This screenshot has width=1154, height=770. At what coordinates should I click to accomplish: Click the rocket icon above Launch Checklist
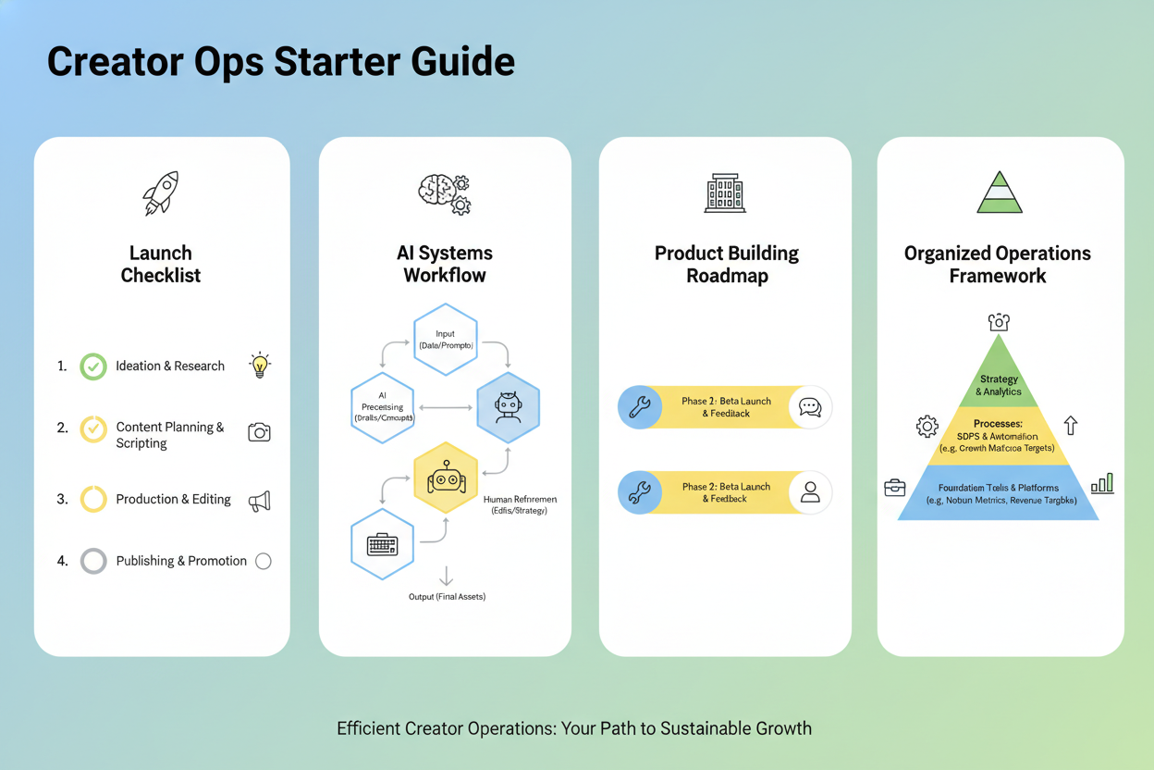click(161, 193)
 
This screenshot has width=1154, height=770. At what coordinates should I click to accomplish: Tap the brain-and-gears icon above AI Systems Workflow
click(445, 193)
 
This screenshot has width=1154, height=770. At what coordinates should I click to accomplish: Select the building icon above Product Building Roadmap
click(725, 192)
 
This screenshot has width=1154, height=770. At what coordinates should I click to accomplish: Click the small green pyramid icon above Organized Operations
click(1000, 192)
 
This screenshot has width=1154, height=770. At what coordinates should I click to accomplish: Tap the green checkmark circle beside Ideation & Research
click(92, 366)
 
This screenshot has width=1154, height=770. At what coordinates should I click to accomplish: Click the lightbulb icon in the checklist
click(260, 365)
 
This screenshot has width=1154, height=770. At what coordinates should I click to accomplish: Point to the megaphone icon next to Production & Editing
click(260, 501)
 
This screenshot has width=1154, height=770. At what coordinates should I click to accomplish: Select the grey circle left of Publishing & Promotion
click(92, 561)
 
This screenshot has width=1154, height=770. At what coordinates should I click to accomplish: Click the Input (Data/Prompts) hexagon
click(445, 339)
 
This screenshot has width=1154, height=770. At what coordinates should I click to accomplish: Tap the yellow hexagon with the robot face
click(446, 478)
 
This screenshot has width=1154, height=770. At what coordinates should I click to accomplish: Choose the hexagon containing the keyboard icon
click(382, 544)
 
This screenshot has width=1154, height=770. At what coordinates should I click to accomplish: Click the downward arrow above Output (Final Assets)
click(446, 576)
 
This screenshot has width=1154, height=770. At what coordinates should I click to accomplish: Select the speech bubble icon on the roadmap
click(810, 407)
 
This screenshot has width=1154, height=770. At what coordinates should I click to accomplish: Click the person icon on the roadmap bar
click(810, 491)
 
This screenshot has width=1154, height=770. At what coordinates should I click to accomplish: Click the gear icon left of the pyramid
click(927, 426)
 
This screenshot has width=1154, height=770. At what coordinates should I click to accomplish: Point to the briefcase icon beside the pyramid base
click(895, 488)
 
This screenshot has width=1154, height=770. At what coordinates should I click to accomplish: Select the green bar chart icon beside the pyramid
click(1102, 483)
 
